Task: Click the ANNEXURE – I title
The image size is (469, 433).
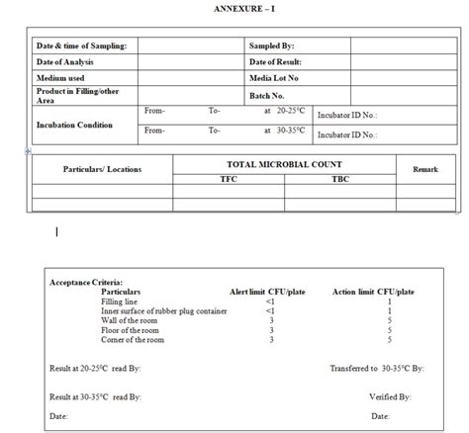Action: click(243, 8)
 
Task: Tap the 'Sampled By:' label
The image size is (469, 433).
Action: click(272, 45)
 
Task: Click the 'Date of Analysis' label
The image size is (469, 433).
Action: click(65, 61)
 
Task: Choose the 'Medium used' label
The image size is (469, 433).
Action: click(60, 77)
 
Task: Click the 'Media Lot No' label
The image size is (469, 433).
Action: click(274, 77)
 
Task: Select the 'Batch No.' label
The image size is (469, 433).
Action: click(267, 96)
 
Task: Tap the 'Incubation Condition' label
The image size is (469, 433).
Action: click(74, 126)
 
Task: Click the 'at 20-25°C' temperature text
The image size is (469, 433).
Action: click(286, 111)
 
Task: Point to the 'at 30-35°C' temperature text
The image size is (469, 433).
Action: click(286, 130)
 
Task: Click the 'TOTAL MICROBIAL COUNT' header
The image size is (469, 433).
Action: click(284, 164)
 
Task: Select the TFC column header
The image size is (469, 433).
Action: click(229, 180)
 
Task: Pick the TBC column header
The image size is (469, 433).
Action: click(340, 180)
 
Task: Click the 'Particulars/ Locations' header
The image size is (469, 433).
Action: click(102, 170)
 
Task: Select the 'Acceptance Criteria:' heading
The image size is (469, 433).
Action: click(86, 282)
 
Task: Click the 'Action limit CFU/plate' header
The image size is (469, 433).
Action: click(373, 292)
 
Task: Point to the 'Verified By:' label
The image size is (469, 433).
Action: click(390, 396)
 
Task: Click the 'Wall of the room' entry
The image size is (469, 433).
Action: click(131, 320)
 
